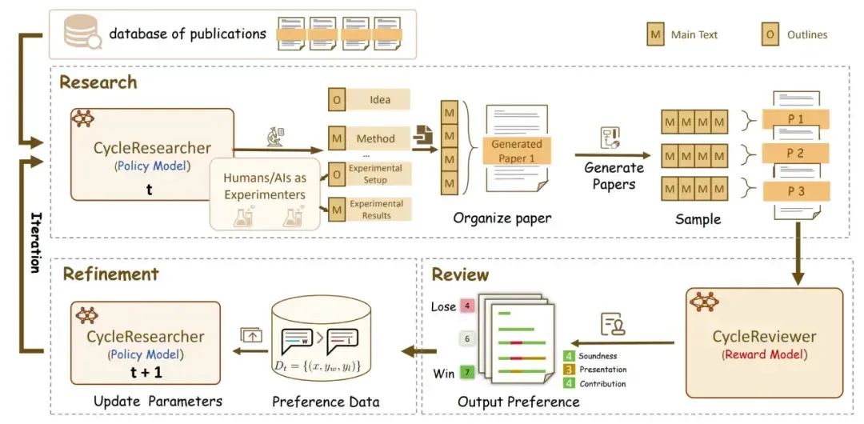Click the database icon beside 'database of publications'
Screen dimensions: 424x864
point(79,33)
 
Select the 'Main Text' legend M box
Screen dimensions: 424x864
point(656,34)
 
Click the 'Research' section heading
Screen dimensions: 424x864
point(98,82)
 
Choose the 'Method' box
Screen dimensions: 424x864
point(375,138)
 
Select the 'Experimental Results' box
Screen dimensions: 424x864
point(376,210)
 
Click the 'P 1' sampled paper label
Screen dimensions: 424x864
point(795,120)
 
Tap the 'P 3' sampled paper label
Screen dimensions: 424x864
point(795,191)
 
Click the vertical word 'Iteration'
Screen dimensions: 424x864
point(34,242)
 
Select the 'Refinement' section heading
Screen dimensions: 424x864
point(110,274)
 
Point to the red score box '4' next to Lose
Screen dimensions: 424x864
point(467,306)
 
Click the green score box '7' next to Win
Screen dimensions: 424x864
point(467,373)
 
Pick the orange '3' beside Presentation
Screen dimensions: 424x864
point(569,370)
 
